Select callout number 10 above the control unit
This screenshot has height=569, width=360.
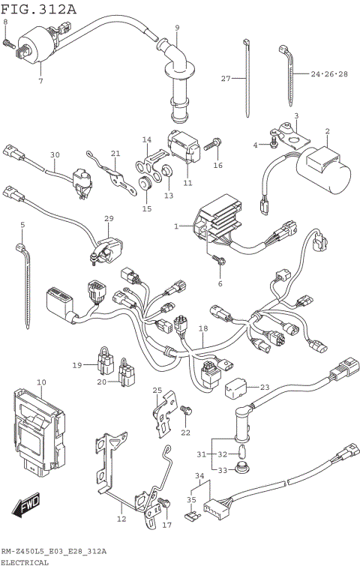[41, 383]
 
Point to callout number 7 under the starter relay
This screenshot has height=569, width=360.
[40, 80]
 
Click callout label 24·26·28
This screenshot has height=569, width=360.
[329, 74]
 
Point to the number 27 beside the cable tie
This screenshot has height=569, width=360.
[225, 78]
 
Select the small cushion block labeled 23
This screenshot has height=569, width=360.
[236, 388]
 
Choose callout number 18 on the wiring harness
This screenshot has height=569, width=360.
[202, 328]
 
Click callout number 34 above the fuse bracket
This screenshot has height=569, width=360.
[198, 476]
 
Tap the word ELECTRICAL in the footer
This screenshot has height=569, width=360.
[24, 562]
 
